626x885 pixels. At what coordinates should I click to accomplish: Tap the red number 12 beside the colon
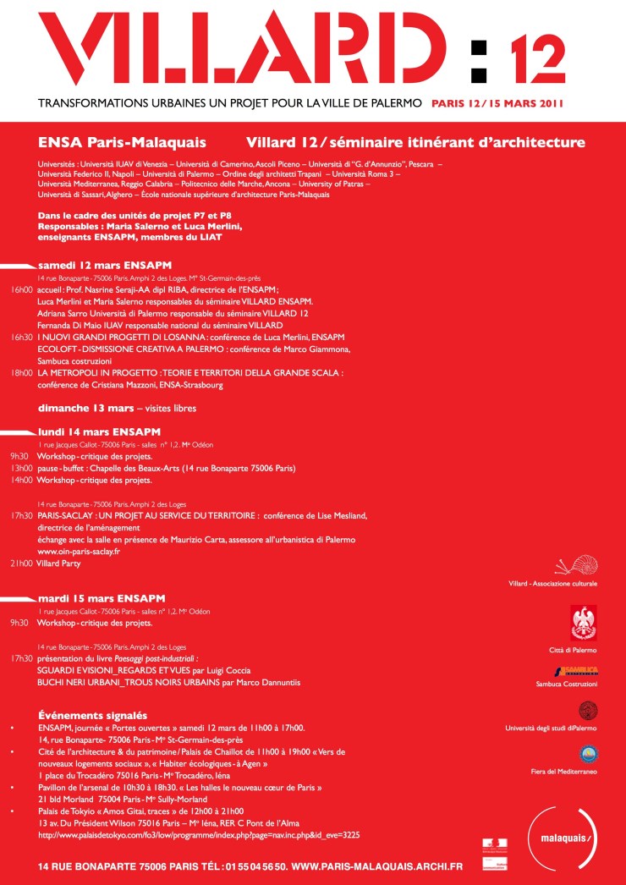click(537, 58)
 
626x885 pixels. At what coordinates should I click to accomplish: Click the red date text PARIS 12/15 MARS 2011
click(497, 105)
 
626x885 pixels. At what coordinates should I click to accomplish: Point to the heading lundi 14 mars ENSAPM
click(99, 431)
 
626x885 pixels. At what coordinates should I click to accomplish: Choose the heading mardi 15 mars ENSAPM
click(101, 597)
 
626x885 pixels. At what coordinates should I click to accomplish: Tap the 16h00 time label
click(21, 289)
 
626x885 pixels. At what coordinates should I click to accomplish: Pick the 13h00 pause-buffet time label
click(21, 467)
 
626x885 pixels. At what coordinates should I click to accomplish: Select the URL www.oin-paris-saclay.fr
click(79, 551)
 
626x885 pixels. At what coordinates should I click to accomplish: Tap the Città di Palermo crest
click(583, 623)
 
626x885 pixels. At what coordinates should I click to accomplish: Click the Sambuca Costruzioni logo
click(582, 670)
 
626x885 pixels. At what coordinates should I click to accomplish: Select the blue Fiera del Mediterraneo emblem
click(588, 754)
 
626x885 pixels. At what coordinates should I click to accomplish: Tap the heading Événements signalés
click(93, 715)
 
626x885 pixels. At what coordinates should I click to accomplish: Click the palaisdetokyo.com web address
click(199, 834)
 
